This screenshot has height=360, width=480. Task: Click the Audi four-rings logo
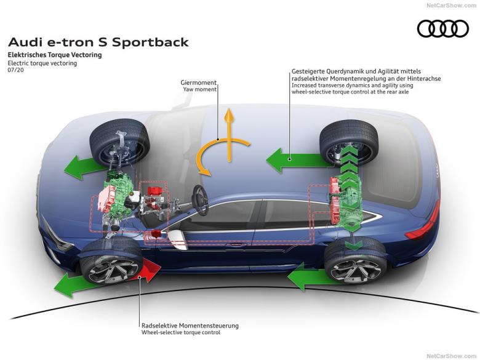[442, 28]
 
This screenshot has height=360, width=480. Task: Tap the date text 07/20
[15, 70]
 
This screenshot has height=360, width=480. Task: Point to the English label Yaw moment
[199, 89]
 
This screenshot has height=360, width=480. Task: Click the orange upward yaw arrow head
[229, 114]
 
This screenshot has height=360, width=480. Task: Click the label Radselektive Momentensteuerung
[190, 326]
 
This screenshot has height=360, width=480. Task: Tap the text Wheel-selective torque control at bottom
[180, 333]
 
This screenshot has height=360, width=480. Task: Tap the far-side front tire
[120, 140]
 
